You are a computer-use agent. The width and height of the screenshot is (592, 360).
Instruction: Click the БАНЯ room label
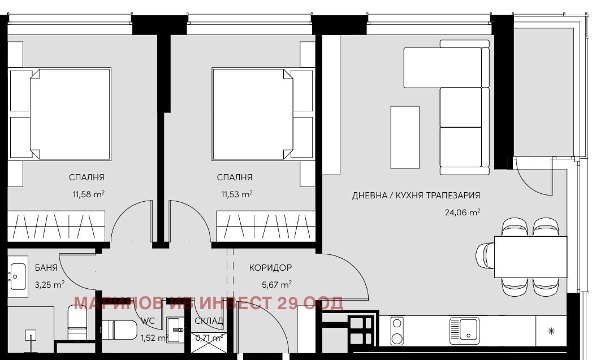pos(46,267)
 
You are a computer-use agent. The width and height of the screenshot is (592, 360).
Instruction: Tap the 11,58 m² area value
pos(88,194)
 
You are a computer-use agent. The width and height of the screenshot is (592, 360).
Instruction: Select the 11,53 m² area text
pos(237,194)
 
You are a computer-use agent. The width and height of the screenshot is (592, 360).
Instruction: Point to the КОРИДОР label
pos(270,267)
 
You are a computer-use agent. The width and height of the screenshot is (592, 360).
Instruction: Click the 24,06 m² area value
pos(463,212)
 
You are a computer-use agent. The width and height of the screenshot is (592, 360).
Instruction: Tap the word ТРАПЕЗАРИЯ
pos(453,196)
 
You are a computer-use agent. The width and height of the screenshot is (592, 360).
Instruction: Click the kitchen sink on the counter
pos(464,331)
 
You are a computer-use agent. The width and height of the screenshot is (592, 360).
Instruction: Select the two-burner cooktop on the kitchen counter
pos(397,331)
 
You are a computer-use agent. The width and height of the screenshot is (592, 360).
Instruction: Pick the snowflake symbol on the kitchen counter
pos(551,331)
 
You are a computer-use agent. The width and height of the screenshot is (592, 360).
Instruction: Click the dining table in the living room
pos(530,257)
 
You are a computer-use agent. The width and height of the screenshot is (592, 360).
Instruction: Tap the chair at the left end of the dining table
pos(485,256)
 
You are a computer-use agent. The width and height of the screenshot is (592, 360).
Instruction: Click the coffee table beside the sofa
pos(405,137)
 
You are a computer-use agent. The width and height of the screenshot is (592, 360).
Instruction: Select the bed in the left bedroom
pos(70,114)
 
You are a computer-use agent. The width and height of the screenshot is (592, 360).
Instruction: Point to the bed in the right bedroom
pos(253,114)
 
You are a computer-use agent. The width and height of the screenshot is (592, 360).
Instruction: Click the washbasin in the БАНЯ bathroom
pos(18,277)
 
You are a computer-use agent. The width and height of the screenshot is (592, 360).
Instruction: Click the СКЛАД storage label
pos(209,321)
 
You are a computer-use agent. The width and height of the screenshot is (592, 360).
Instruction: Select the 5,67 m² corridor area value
pos(276,284)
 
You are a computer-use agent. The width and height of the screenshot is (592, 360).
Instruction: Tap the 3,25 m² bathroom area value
pos(49,284)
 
